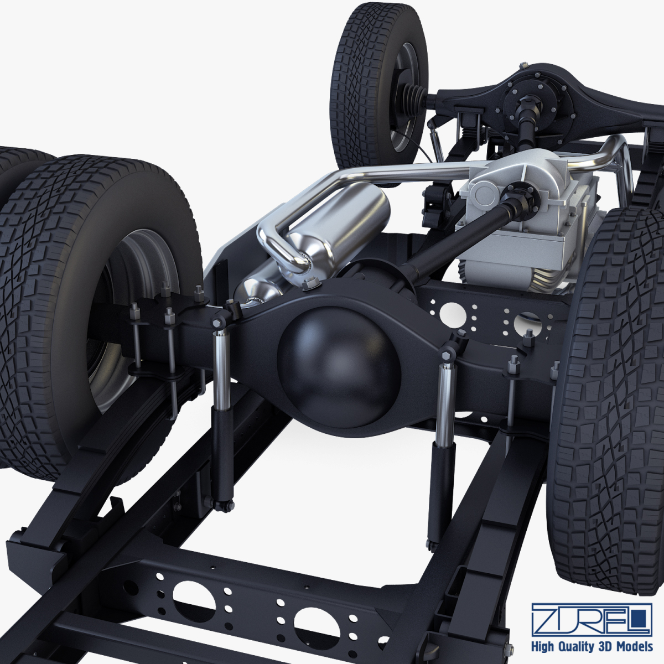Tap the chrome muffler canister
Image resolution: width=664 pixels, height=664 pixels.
click(343, 227)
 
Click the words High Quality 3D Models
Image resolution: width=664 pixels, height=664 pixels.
click(592, 647)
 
